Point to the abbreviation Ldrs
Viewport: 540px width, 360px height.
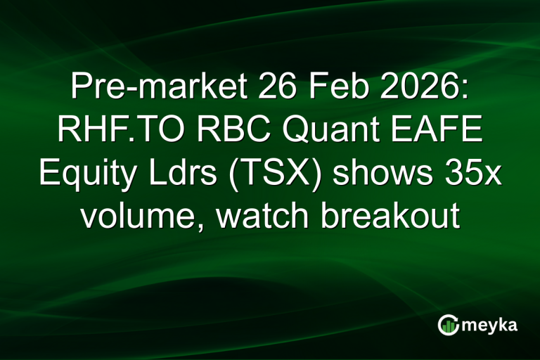click(174, 174)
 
